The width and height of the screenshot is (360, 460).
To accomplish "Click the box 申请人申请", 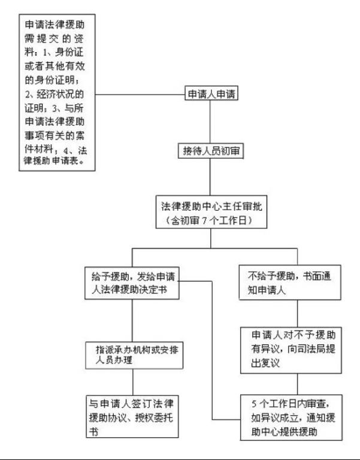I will [211, 95].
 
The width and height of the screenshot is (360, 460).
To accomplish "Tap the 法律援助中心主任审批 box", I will [210, 211].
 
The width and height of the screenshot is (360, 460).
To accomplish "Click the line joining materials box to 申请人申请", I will [139, 95].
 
